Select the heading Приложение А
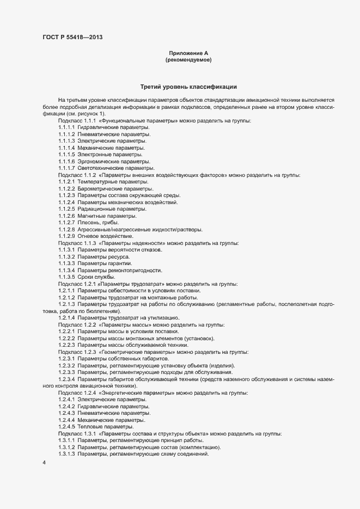click(188, 53)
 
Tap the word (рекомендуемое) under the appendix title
click(188, 60)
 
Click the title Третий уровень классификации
click(188, 87)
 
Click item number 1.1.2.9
click(66, 236)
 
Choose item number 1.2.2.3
click(66, 345)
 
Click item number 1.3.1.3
click(66, 454)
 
